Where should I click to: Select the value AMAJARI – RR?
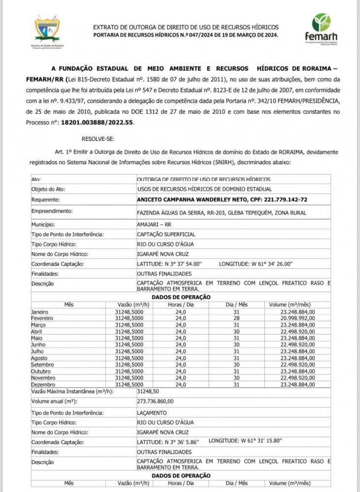coord(155,224)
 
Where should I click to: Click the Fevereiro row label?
coord(43,318)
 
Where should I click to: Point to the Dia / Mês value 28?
coord(236,318)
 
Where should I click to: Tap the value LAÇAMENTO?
coord(152,413)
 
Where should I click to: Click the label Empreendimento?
coord(52,211)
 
